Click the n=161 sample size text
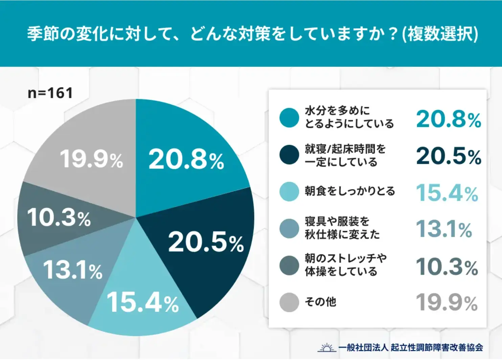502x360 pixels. pyautogui.click(x=50, y=93)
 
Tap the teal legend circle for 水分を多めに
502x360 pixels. pyautogui.click(x=289, y=118)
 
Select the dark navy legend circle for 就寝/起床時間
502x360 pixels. pyautogui.click(x=289, y=155)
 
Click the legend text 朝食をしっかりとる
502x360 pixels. pyautogui.click(x=350, y=192)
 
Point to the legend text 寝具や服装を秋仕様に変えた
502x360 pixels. pyautogui.click(x=342, y=228)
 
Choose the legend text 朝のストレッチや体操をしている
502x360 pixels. pyautogui.click(x=345, y=265)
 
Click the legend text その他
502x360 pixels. pyautogui.click(x=320, y=302)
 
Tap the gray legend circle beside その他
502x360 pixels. pyautogui.click(x=289, y=302)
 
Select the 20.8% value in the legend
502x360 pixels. pyautogui.click(x=448, y=119)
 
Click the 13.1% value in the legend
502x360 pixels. pyautogui.click(x=443, y=229)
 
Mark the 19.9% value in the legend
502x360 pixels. pyautogui.click(x=446, y=302)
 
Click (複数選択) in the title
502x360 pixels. pyautogui.click(x=440, y=34)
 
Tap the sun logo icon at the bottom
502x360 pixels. pyautogui.click(x=327, y=347)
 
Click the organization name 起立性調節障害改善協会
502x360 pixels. pyautogui.click(x=436, y=347)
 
